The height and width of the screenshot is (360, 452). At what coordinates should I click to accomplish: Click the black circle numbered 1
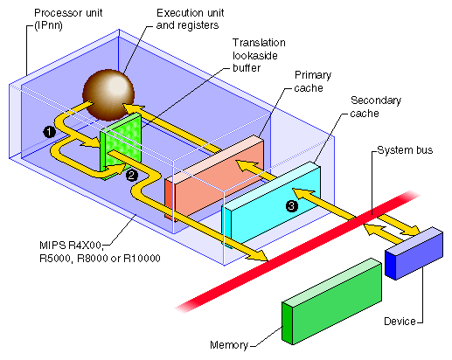(x=50, y=130)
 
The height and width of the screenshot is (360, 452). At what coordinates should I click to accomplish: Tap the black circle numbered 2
(x=131, y=175)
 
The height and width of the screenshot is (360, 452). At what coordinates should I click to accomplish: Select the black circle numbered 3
(x=291, y=206)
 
